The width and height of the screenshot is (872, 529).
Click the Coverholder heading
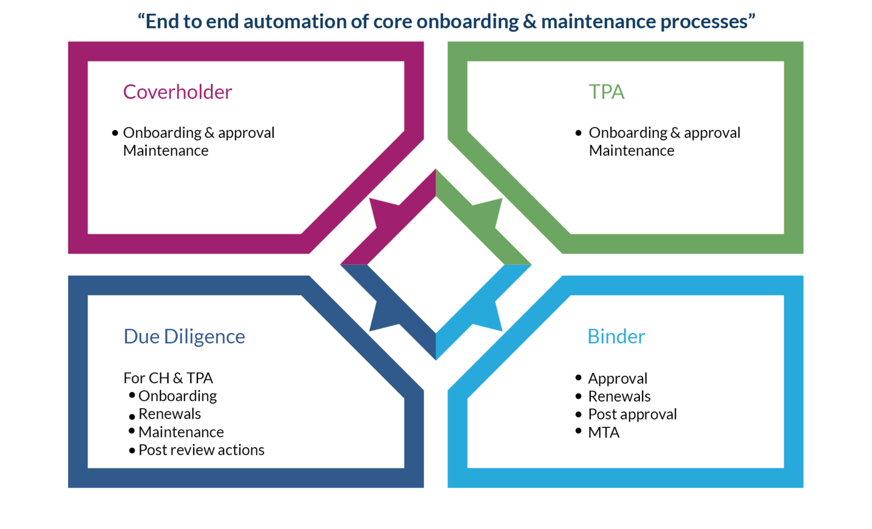[178, 93]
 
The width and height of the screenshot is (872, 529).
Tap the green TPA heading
[606, 93]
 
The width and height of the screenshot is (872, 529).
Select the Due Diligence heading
[184, 337]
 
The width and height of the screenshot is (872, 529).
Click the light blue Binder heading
[616, 337]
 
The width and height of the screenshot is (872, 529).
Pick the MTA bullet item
[603, 433]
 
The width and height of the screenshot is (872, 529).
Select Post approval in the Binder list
[632, 414]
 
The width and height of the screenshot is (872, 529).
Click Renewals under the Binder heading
[619, 396]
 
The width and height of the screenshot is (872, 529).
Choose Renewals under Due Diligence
[170, 414]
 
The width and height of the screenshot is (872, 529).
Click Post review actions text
[202, 450]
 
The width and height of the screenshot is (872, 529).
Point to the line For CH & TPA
[168, 378]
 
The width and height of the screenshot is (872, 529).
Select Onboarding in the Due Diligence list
[178, 396]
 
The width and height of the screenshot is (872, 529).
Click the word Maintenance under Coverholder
[166, 150]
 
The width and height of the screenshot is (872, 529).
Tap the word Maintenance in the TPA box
[631, 150]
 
